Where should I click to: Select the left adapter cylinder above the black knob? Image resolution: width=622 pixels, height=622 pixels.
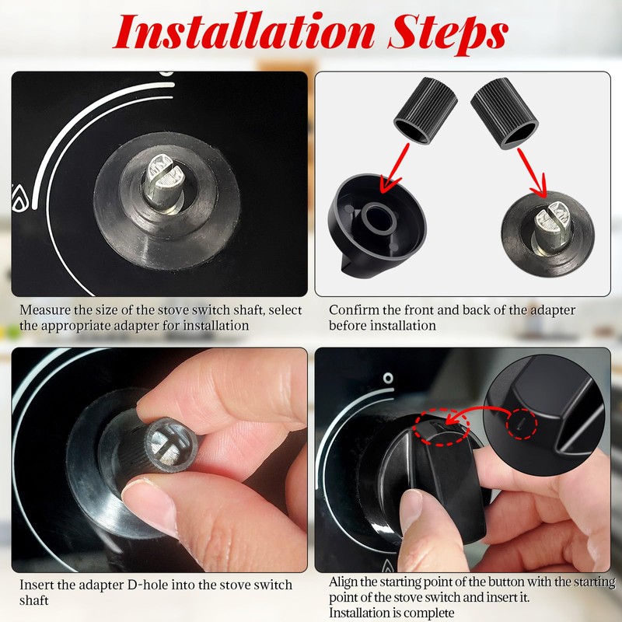(425, 109)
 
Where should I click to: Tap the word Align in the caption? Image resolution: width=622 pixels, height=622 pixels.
(344, 582)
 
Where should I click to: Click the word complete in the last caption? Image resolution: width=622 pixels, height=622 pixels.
(429, 613)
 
